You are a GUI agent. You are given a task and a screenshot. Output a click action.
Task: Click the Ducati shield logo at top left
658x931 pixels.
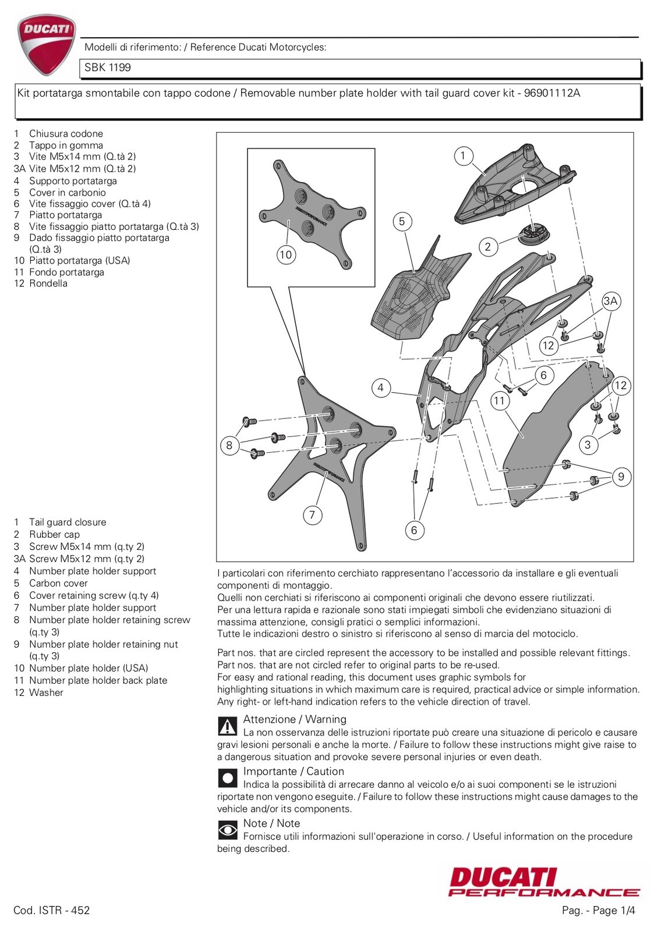click(46, 45)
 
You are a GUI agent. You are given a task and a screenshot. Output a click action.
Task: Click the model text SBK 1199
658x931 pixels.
click(108, 67)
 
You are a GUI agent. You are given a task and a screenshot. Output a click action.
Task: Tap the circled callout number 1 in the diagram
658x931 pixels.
click(463, 155)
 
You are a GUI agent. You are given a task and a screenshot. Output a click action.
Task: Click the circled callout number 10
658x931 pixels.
click(285, 255)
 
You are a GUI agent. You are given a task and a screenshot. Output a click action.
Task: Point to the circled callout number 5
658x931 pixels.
click(402, 222)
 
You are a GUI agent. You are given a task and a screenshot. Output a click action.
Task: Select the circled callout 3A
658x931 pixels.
click(610, 301)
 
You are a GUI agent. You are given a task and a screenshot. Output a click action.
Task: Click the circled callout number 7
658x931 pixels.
click(312, 514)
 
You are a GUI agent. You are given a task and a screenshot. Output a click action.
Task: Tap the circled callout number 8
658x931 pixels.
click(229, 446)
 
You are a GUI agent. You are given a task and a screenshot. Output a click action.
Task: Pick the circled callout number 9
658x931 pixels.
click(621, 477)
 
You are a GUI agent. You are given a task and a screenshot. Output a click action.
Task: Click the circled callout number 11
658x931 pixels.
click(499, 400)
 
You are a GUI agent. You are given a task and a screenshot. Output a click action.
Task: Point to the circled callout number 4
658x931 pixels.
click(380, 388)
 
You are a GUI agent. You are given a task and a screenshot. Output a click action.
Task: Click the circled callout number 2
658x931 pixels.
click(488, 247)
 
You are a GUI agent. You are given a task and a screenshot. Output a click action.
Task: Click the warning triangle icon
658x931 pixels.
click(227, 726)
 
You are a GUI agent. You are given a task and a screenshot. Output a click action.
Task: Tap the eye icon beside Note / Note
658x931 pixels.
click(227, 830)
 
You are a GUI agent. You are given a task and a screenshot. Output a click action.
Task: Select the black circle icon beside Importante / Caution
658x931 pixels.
click(227, 778)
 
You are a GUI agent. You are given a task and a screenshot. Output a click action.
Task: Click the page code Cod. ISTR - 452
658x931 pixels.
click(52, 911)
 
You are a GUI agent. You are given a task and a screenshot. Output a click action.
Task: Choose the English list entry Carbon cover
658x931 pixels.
click(58, 583)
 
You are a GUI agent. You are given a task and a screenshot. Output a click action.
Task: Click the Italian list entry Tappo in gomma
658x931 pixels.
click(66, 145)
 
